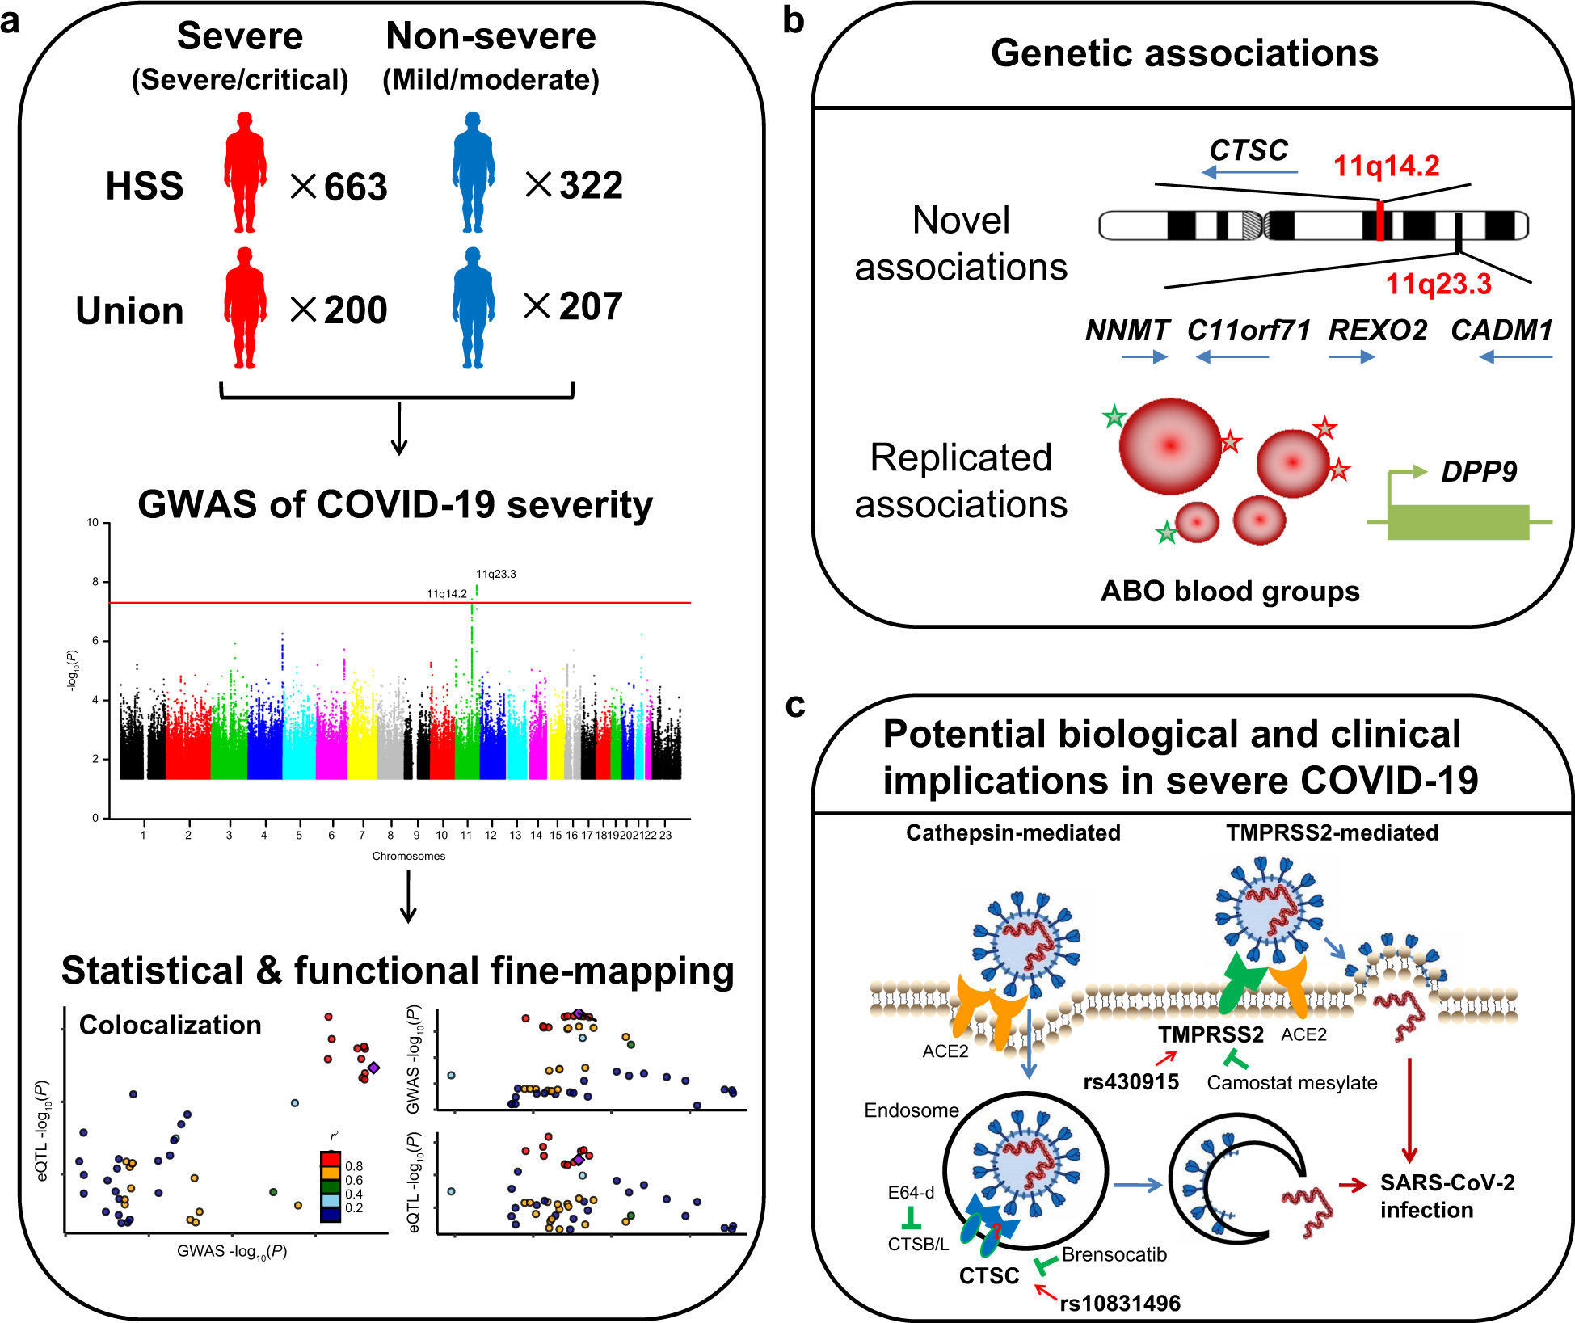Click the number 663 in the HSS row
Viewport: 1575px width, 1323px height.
coord(356,187)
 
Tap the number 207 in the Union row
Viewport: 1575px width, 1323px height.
coord(591,307)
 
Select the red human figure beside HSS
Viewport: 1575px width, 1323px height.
coord(245,172)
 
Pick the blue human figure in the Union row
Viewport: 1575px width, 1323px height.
coord(473,308)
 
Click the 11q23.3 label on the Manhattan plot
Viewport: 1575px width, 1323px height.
coord(495,574)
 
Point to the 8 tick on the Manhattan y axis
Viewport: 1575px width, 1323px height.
coord(95,581)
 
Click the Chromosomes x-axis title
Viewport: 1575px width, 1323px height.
coord(408,856)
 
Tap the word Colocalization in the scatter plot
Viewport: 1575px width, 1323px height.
coord(170,1025)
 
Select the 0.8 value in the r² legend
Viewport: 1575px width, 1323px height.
coord(354,1166)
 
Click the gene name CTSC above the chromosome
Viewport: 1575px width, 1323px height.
coord(1249,150)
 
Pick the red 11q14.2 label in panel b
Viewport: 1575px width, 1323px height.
coord(1386,166)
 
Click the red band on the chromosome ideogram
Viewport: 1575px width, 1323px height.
coord(1380,221)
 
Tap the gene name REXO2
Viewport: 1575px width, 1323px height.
coord(1378,331)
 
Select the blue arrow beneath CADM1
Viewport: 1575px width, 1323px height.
coord(1515,357)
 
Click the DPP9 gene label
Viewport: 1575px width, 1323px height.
coord(1479,471)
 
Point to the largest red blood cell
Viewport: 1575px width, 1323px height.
coord(1169,445)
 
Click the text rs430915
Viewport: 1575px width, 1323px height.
coord(1131,1082)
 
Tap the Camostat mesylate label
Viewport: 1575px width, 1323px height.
coord(1291,1083)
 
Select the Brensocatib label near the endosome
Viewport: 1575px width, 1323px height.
coord(1114,1254)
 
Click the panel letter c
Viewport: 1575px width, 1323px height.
coord(795,705)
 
